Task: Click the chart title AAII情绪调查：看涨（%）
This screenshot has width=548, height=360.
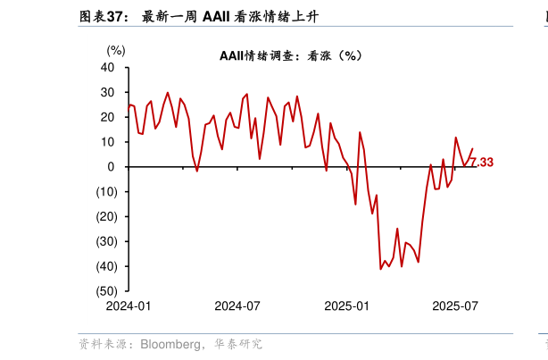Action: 290,55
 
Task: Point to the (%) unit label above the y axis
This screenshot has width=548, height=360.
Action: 116,51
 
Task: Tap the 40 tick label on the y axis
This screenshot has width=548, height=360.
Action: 108,67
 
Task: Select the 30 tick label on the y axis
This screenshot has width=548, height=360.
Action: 108,92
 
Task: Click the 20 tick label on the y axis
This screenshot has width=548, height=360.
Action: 108,117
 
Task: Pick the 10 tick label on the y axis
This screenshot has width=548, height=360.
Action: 108,142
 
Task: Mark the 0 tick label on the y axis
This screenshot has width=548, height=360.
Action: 111,167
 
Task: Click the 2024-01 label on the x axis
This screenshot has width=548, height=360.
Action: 129,306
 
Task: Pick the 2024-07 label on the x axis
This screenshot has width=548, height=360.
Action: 237,306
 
